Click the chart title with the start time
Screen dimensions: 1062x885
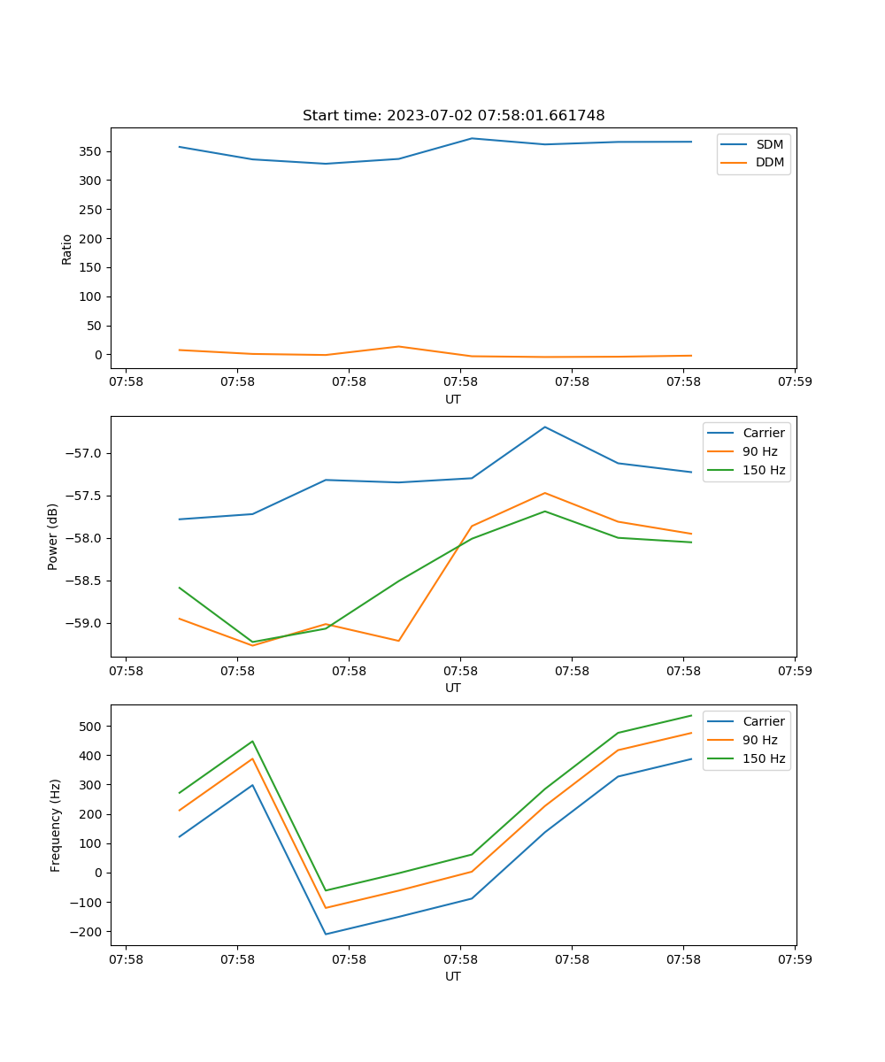453,116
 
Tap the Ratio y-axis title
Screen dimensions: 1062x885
67,249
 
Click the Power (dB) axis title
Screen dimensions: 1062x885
54,536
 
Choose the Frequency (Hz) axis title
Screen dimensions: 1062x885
56,825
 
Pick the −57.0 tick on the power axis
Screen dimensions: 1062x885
85,453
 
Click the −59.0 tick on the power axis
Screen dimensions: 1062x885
85,623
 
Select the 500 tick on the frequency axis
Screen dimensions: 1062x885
91,727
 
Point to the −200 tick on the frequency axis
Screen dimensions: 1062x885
88,932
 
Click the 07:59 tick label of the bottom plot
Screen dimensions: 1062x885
794,958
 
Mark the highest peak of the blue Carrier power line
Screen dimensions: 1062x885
545,427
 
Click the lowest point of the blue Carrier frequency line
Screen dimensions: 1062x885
326,934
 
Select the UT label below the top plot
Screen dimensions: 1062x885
453,399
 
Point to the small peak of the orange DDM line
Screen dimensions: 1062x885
399,346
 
